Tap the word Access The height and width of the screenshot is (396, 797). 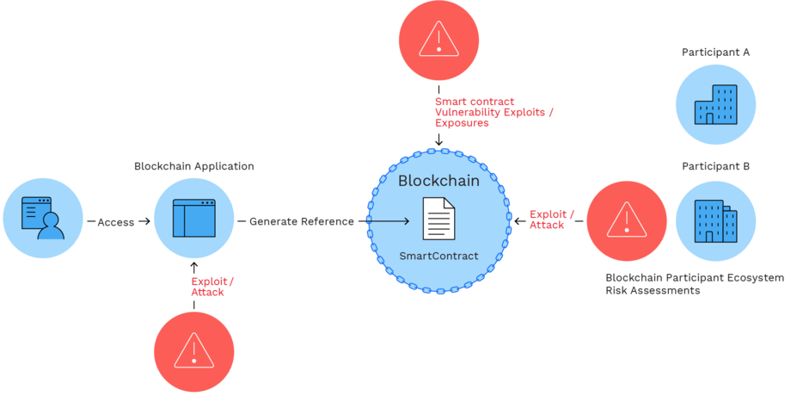point(116,222)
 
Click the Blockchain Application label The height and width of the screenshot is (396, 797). point(193,166)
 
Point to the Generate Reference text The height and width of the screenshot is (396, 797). point(302,221)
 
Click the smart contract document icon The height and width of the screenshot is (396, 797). point(438,218)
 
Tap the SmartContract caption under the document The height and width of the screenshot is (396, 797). point(438,256)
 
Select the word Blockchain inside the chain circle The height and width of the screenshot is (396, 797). point(438,181)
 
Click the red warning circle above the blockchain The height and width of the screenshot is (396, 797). point(438,40)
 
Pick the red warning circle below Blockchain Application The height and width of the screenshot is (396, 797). point(193,352)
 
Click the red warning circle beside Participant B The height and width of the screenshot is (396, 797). point(627,221)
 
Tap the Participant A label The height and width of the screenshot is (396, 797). point(715,53)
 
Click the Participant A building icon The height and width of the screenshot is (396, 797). point(715,105)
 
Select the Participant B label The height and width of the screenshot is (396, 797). point(715,166)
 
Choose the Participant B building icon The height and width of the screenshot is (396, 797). point(715,221)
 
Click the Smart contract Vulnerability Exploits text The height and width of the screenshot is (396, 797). point(494,112)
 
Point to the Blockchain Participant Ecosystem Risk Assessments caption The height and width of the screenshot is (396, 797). point(695,284)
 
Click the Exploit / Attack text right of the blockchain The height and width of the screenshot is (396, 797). point(552,220)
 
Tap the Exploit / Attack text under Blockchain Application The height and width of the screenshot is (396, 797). point(212,287)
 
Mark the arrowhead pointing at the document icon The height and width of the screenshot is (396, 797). point(406,221)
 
